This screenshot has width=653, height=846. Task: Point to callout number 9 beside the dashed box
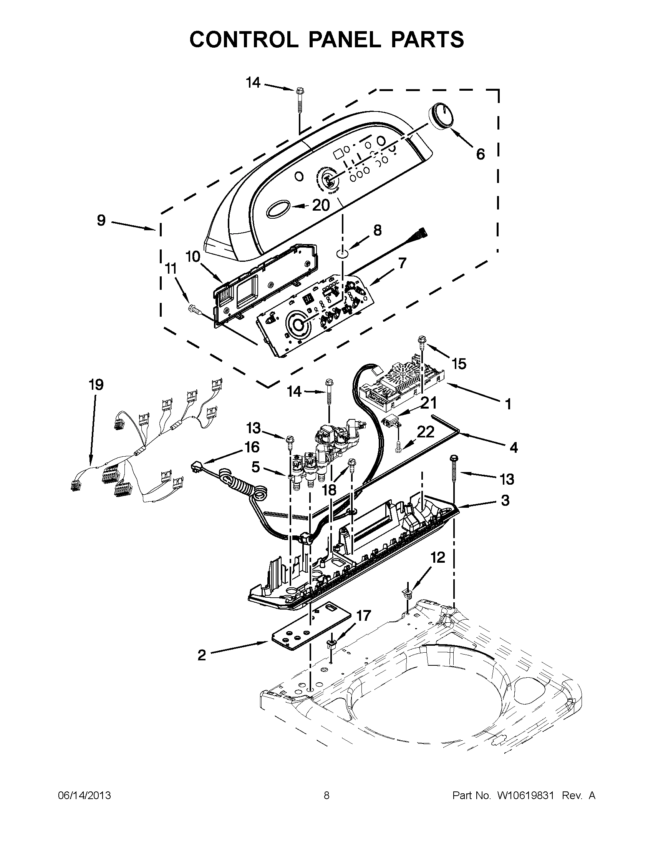coord(101,220)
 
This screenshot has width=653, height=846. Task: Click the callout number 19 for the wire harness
coord(96,385)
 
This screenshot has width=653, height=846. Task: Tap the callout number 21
coord(429,403)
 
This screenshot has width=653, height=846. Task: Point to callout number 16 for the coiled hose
coord(252,447)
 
